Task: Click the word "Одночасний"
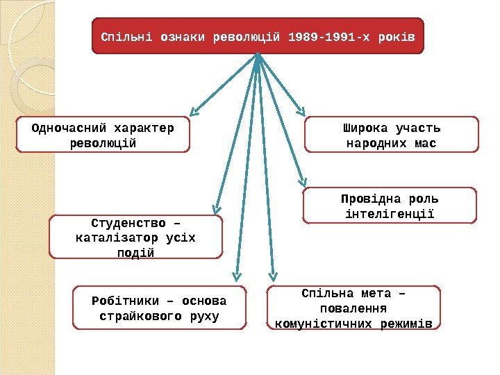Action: tap(65, 128)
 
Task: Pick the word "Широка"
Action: tap(365, 128)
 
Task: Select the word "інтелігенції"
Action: tap(390, 214)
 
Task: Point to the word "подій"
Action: tap(136, 253)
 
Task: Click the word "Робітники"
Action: tap(121, 301)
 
